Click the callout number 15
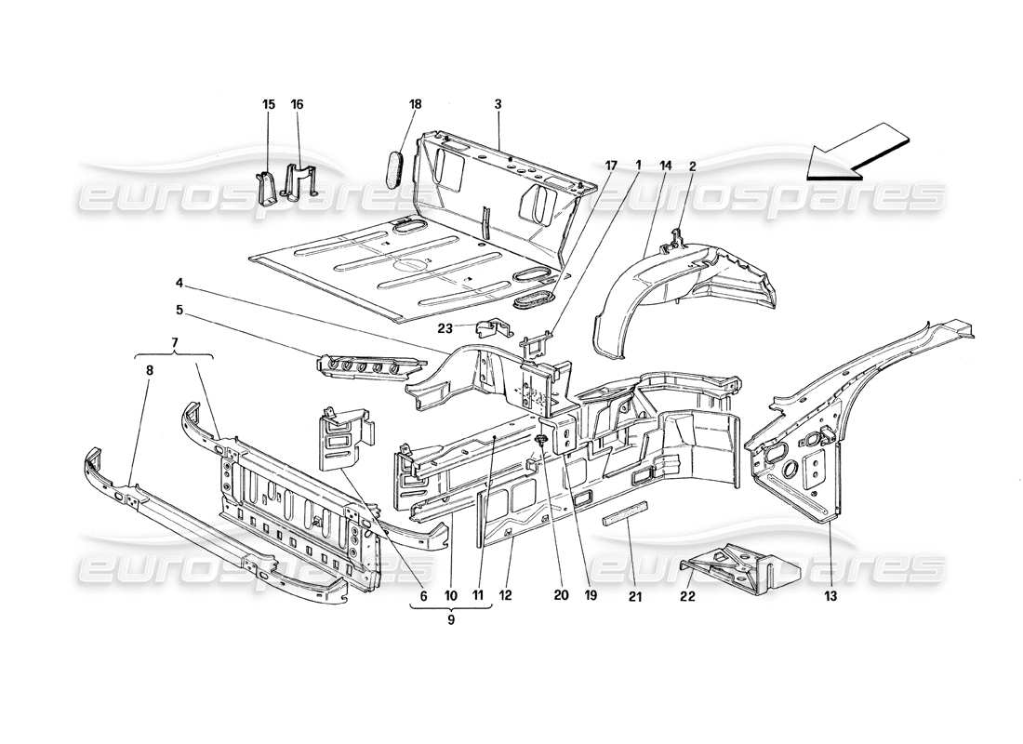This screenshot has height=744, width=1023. [268, 105]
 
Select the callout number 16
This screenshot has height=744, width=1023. [298, 105]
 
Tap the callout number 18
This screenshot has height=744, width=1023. [415, 105]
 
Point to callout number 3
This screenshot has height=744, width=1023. [498, 105]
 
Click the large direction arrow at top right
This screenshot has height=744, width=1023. [856, 152]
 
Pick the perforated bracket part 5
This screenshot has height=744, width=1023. [363, 367]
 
